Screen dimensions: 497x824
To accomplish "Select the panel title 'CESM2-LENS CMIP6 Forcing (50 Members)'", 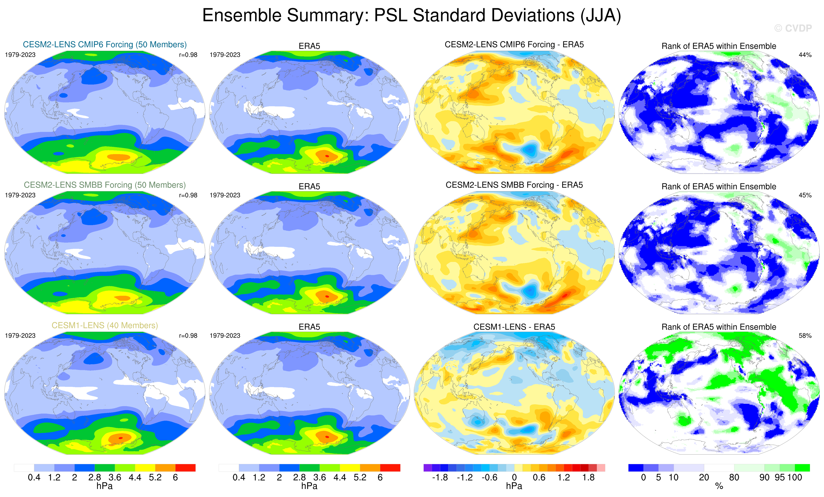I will [105, 44].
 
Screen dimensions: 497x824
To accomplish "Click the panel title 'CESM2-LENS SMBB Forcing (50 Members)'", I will [105, 185].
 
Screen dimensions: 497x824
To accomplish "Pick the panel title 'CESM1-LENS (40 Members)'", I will [105, 325].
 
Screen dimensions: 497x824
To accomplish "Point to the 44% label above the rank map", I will [805, 55].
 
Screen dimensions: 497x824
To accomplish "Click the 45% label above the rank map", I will [805, 195].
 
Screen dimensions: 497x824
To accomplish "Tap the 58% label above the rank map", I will [805, 336].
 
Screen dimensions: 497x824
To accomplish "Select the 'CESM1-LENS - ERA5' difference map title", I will [514, 327].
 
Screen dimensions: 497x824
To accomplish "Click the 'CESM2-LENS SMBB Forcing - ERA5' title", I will [514, 185].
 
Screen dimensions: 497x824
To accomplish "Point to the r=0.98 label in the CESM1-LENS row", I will [188, 336].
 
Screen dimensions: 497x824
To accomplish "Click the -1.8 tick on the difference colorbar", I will [440, 478].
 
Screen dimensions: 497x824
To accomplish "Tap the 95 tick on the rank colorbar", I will [780, 478].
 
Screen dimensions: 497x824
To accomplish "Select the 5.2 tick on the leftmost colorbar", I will [155, 478].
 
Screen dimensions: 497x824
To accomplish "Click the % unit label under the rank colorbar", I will [719, 486].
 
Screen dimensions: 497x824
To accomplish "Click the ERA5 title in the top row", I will [309, 46].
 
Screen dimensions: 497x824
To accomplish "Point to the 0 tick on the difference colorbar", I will [514, 478].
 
